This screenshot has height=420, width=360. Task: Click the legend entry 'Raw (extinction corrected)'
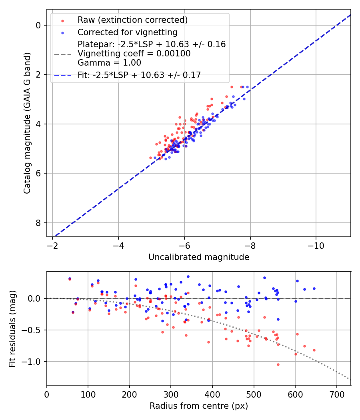132,20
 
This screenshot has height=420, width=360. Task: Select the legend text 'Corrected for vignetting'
127,32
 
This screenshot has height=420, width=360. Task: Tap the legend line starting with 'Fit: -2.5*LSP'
139,75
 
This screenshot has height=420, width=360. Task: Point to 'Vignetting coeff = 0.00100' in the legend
134,54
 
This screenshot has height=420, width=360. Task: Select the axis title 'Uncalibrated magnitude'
199,257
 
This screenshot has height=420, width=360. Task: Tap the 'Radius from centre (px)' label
199,406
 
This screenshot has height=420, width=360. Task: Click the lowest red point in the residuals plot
278,364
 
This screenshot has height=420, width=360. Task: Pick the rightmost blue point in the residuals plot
314,288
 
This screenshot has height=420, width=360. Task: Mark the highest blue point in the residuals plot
188,276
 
